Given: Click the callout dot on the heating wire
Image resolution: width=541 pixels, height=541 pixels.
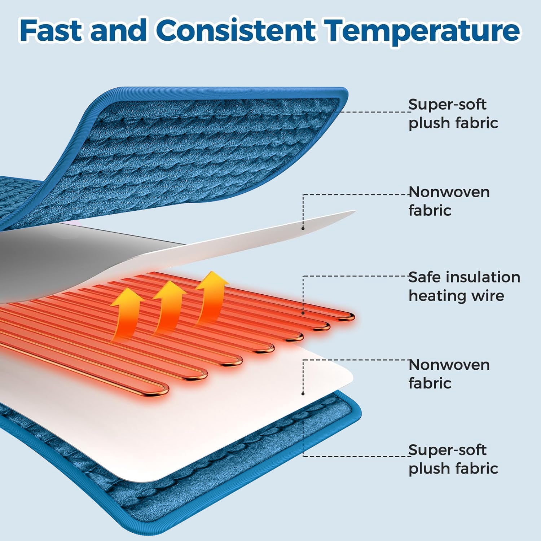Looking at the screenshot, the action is click(x=303, y=313).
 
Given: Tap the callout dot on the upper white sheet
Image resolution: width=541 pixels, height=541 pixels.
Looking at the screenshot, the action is click(x=303, y=228).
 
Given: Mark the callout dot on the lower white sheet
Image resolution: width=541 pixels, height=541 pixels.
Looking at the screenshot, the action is click(x=303, y=393).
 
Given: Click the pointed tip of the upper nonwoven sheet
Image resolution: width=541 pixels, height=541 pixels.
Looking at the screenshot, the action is click(x=355, y=211).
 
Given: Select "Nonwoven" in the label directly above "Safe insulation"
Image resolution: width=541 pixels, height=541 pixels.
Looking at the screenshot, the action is click(x=449, y=192).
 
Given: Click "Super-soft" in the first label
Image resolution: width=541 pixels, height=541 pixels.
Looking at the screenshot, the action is click(x=447, y=105).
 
